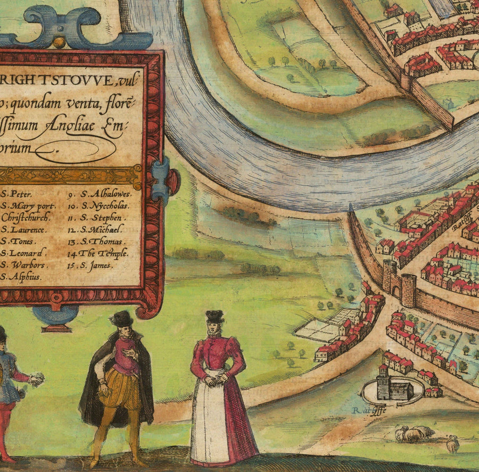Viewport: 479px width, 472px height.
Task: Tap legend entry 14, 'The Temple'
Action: pos(103,253)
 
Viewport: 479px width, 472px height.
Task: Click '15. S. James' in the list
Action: pos(96,265)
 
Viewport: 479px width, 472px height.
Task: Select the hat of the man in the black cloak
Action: pos(122,318)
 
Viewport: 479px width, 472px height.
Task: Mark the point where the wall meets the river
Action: pos(350,209)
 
